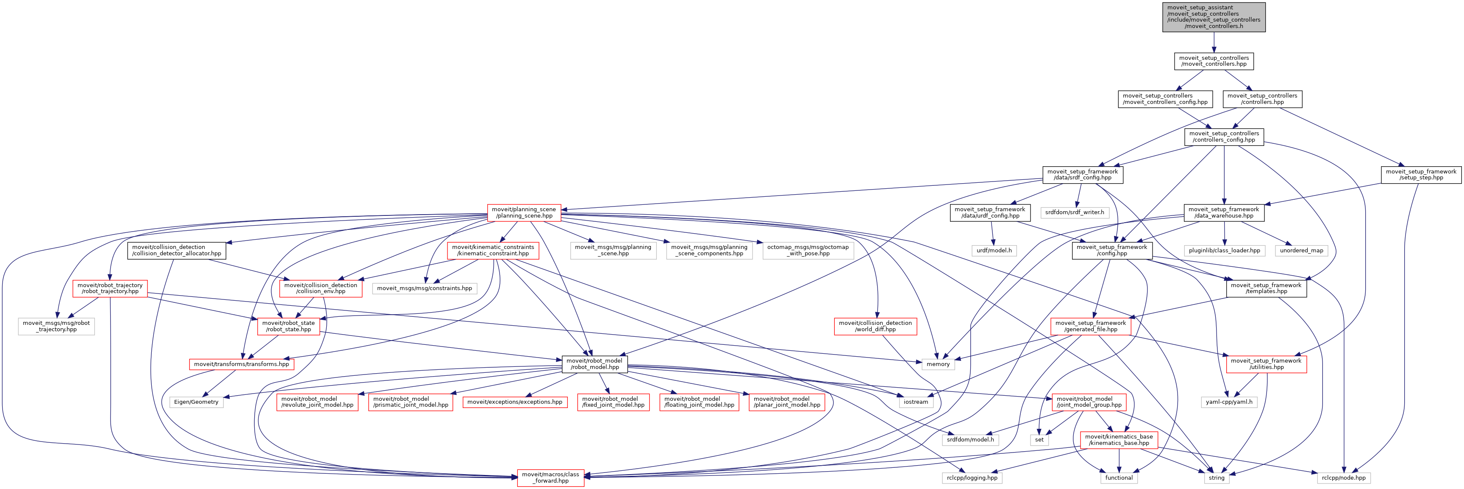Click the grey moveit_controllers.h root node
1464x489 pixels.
pyautogui.click(x=1214, y=17)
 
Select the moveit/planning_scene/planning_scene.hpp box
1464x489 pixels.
pyautogui.click(x=523, y=212)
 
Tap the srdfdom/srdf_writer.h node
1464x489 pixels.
pyautogui.click(x=1074, y=212)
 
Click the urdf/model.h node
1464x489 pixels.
pyautogui.click(x=993, y=251)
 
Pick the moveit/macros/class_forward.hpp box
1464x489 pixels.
pyautogui.click(x=550, y=478)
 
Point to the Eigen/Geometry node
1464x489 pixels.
pyautogui.click(x=196, y=402)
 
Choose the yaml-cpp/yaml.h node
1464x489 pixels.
pyautogui.click(x=1229, y=402)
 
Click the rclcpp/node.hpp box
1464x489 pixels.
pyautogui.click(x=1344, y=478)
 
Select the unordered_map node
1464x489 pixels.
pyautogui.click(x=1301, y=251)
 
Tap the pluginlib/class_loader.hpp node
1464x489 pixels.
pyautogui.click(x=1224, y=251)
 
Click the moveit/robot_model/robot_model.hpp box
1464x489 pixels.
pyautogui.click(x=594, y=364)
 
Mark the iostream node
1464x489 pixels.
pyautogui.click(x=916, y=402)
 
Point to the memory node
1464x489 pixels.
pyautogui.click(x=938, y=364)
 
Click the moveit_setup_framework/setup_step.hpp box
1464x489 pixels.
pyautogui.click(x=1420, y=175)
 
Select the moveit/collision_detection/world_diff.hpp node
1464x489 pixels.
pyautogui.click(x=875, y=327)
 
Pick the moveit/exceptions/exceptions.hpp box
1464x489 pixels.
pyautogui.click(x=514, y=402)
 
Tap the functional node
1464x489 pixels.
pyautogui.click(x=1119, y=478)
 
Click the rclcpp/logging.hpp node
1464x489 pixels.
pyautogui.click(x=972, y=478)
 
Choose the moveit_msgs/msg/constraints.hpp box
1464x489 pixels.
pyautogui.click(x=424, y=288)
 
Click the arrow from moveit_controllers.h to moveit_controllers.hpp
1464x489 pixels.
pyautogui.click(x=1214, y=43)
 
